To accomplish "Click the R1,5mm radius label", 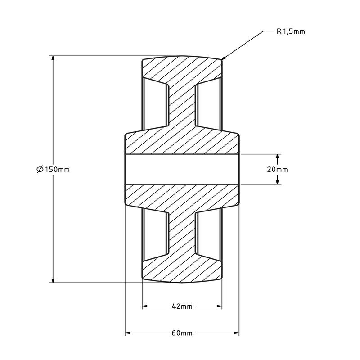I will [291, 31].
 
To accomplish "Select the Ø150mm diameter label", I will [53, 169].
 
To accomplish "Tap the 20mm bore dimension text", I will [277, 169].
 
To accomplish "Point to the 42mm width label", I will [182, 306].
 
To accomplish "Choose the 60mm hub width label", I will [182, 333].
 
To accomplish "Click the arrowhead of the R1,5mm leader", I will [224, 58].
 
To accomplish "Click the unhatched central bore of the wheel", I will [182, 169].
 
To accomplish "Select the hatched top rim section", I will [182, 70].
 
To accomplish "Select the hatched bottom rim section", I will [182, 270].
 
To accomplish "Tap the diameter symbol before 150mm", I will [39, 169].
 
